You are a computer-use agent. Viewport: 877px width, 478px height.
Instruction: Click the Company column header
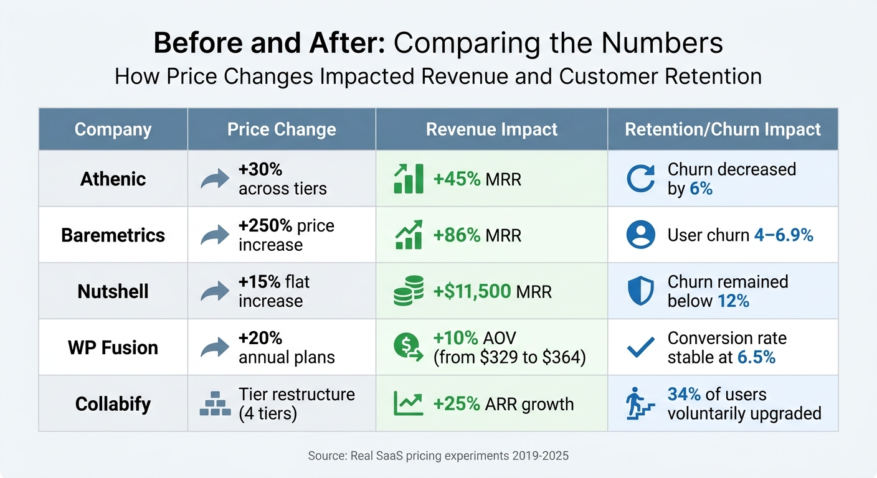pos(113,129)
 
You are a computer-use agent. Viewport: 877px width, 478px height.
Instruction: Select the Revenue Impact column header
pos(491,129)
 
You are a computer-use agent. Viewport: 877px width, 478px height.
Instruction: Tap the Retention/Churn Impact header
pos(723,129)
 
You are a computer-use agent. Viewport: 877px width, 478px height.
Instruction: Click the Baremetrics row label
pos(113,235)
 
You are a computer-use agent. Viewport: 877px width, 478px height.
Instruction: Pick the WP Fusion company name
pos(113,347)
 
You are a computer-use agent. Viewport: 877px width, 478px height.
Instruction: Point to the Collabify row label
pos(113,404)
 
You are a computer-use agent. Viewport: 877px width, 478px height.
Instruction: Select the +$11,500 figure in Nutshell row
pos(472,291)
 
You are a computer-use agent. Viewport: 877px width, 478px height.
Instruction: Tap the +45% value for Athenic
pos(457,179)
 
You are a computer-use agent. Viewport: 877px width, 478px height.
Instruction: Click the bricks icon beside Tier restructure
pos(215,404)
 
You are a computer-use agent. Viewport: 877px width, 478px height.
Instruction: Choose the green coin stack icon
pos(408,291)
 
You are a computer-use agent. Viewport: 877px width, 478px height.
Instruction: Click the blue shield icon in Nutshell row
pos(640,291)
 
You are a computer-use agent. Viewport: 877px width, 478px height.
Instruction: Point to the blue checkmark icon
pos(640,347)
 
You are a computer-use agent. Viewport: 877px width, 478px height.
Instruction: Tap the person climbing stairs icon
pos(640,404)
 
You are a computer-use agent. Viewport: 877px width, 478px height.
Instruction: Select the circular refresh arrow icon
pos(640,179)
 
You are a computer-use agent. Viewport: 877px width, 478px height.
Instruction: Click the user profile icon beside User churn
pos(640,235)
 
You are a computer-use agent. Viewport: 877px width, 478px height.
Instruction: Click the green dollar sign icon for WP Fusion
pos(408,347)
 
